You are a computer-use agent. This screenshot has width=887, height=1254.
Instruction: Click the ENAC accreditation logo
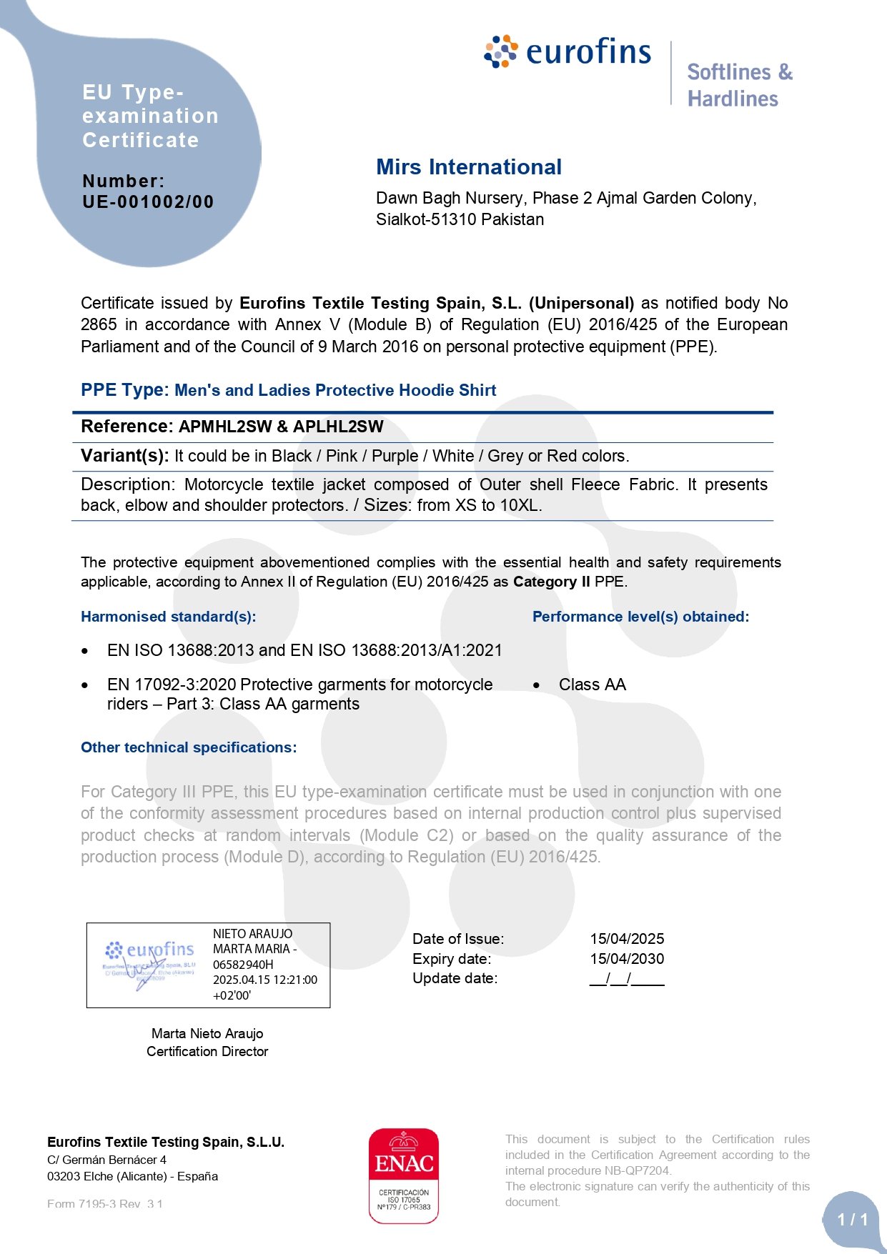[x=404, y=1175]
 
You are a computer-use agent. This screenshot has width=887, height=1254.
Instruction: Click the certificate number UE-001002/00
[x=148, y=202]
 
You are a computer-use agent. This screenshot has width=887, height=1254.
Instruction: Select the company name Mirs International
[x=469, y=167]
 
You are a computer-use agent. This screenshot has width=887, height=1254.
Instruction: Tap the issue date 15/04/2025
[x=627, y=939]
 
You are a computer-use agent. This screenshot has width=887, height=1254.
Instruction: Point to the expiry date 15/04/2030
[x=627, y=959]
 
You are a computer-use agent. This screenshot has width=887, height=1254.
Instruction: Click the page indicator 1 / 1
[x=852, y=1219]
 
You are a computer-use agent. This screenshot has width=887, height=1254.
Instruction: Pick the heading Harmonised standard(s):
[x=168, y=617]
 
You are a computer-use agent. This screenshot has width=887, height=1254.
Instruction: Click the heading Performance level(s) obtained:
[x=640, y=617]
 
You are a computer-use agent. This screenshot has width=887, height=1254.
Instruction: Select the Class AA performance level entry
[x=592, y=685]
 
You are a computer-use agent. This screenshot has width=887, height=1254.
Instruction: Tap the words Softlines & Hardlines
[x=739, y=85]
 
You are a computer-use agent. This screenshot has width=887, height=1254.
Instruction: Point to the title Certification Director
[x=207, y=1051]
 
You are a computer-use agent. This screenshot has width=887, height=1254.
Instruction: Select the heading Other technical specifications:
[x=189, y=747]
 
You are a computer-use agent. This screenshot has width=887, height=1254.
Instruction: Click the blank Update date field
[x=627, y=979]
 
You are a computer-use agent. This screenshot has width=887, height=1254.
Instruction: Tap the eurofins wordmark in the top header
[x=588, y=52]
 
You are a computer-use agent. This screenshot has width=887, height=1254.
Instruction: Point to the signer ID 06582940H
[x=243, y=965]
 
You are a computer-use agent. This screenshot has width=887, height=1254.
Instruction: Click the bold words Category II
[x=551, y=582]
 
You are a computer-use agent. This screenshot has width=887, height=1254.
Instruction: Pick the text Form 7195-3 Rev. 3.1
[x=105, y=1204]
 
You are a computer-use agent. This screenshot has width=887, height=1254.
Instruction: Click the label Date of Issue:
[x=458, y=939]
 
